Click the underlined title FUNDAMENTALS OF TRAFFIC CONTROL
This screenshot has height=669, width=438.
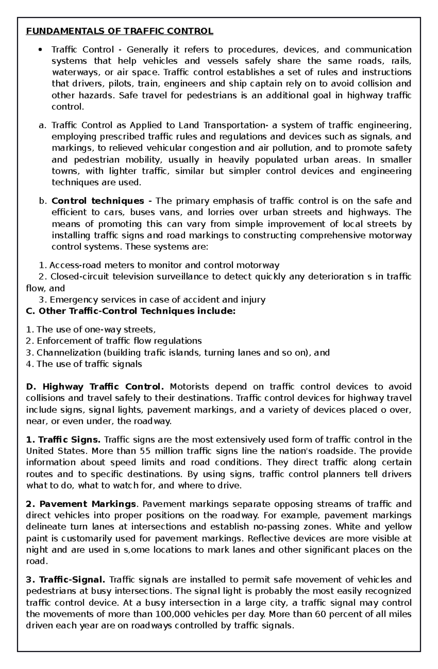[x=119, y=31]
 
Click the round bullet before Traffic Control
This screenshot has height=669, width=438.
[x=40, y=50]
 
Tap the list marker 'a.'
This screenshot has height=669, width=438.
[x=43, y=125]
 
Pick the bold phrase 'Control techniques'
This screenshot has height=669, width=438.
[x=98, y=201]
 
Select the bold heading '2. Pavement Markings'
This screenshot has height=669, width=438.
[x=81, y=504]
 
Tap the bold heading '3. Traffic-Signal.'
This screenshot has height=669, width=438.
[x=66, y=580]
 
